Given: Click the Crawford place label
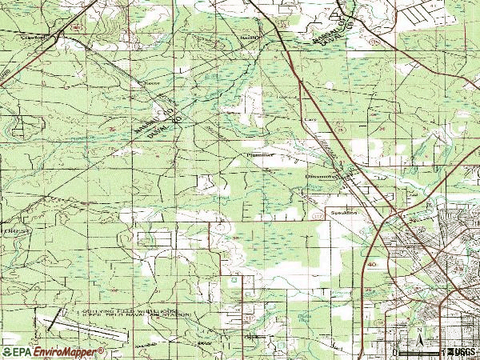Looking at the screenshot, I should pyautogui.click(x=33, y=37).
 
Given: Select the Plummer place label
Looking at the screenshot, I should pyautogui.click(x=261, y=154).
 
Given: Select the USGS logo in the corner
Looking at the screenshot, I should pyautogui.click(x=462, y=351).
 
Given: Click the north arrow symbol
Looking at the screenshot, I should pyautogui.click(x=418, y=334).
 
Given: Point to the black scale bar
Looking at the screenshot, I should pyautogui.click(x=420, y=350).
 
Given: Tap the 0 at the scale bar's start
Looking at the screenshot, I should pyautogui.click(x=395, y=352).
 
